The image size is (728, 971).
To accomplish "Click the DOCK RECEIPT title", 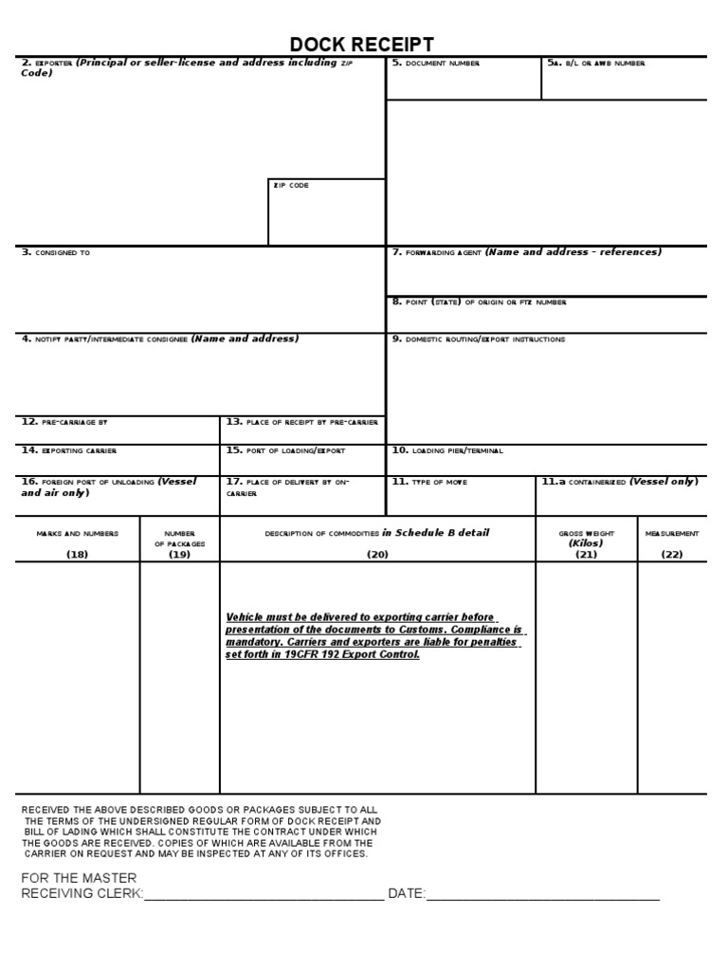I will tap(362, 45).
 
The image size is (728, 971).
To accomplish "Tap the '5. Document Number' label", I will tap(436, 64).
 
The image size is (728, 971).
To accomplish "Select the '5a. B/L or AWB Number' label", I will tap(596, 64).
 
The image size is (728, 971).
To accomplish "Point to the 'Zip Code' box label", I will tap(291, 186).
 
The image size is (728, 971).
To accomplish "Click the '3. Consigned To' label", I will tap(56, 253).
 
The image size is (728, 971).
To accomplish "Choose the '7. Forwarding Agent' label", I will tap(437, 253).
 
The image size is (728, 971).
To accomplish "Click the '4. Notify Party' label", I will tap(104, 339).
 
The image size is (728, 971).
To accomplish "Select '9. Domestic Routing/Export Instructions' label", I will tap(478, 339).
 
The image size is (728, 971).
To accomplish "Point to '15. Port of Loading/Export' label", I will tap(285, 450).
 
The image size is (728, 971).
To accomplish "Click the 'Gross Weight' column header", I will tap(586, 534).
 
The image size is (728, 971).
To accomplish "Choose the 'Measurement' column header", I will tap(672, 534).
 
